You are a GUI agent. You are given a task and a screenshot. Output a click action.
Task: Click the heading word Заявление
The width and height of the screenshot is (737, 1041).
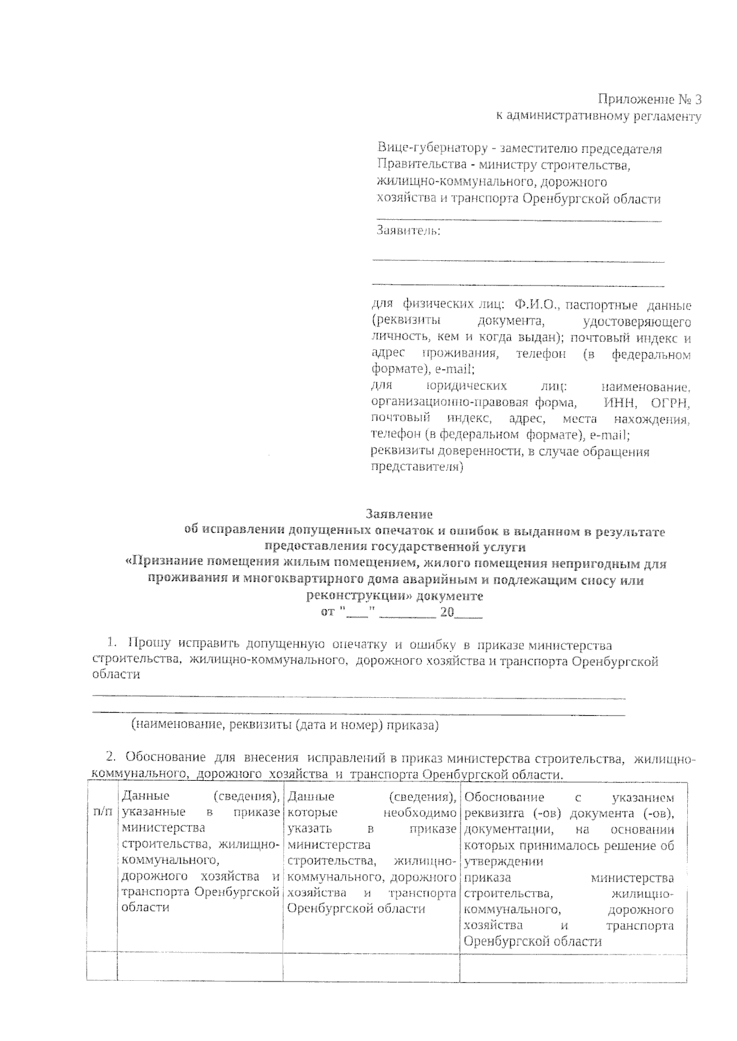[399, 514]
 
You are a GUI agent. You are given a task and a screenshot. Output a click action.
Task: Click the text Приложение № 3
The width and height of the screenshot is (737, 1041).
[649, 99]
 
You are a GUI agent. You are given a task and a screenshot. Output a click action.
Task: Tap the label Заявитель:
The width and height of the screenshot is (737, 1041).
[408, 231]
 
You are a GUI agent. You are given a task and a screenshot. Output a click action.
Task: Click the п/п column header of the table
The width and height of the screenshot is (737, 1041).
[102, 813]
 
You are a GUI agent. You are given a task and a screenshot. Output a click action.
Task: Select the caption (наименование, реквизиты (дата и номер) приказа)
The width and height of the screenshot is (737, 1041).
[285, 725]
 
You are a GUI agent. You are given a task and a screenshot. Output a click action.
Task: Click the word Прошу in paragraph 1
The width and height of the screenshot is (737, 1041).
[150, 644]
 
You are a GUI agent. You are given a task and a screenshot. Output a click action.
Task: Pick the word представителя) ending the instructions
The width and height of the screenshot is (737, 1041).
[417, 468]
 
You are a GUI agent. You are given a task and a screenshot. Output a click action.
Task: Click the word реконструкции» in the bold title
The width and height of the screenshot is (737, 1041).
[359, 596]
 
